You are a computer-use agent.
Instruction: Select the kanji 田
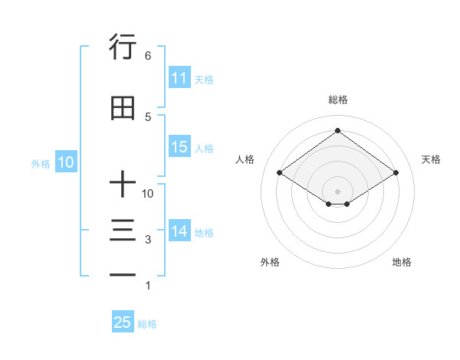(x=123, y=108)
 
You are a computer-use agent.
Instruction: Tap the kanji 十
(x=123, y=185)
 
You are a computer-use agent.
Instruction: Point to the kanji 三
(x=123, y=231)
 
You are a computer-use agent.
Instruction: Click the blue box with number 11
(x=179, y=78)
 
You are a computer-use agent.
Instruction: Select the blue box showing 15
(x=179, y=148)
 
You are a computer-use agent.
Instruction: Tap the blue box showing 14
(x=179, y=232)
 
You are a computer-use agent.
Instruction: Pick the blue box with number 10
(x=65, y=162)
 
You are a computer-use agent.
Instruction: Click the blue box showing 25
(x=123, y=323)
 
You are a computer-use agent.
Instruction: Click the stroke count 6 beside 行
(x=147, y=56)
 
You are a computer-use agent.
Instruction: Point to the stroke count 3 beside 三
(x=147, y=241)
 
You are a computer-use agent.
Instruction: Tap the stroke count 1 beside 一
(x=147, y=286)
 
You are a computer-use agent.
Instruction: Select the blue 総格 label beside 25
(x=147, y=324)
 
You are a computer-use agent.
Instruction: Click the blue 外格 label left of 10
(x=40, y=163)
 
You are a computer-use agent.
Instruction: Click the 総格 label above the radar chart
(x=337, y=100)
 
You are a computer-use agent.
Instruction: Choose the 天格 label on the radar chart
(x=431, y=159)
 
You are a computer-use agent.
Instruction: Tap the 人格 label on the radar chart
(x=245, y=159)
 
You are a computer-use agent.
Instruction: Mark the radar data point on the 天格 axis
(x=396, y=174)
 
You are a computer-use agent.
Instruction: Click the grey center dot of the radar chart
(x=337, y=190)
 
